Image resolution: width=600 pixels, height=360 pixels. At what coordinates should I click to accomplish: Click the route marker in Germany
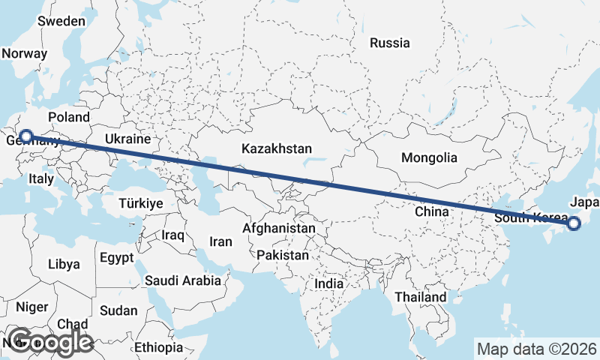point(26,136)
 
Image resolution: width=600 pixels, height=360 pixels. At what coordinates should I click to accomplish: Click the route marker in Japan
point(574,223)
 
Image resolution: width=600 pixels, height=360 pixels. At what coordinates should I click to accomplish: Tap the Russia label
point(390,43)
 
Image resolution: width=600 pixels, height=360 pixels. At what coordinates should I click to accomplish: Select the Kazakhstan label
point(277,149)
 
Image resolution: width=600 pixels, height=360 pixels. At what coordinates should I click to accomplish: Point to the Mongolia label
point(429,158)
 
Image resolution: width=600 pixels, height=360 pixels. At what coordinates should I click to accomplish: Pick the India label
point(329,284)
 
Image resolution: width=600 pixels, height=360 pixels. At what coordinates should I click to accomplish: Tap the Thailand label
point(421,297)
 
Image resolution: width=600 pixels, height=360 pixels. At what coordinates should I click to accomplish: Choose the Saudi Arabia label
point(183,280)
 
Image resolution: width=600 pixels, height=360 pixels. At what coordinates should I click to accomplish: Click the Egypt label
point(116,258)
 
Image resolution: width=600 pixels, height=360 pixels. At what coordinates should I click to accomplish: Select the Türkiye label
point(141,203)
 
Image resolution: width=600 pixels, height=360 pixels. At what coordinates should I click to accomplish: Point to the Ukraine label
point(127,139)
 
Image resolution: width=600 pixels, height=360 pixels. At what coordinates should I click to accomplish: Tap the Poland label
point(69,117)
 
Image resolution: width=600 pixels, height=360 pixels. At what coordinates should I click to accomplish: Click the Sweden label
point(61,21)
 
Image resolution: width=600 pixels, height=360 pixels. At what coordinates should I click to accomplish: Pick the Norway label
point(25,54)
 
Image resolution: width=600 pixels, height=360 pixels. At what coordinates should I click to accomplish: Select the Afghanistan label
point(279,227)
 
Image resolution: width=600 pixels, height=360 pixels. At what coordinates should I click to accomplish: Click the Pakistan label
point(282,256)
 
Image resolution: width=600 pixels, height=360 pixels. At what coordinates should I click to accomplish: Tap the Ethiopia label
point(159,347)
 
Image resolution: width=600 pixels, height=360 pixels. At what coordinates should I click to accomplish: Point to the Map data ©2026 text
point(537,349)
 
